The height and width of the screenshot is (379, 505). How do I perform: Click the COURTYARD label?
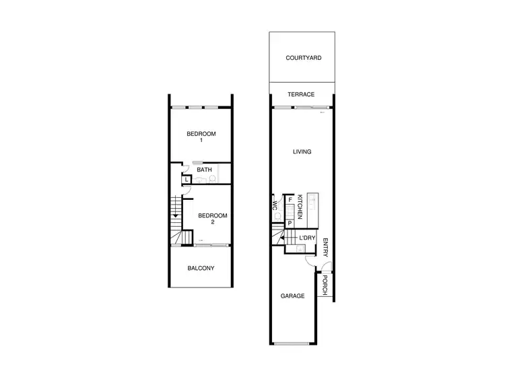303,58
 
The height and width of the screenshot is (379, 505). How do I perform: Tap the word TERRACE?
301,95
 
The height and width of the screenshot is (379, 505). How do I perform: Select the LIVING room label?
302,152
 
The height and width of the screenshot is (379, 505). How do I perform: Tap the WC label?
275,205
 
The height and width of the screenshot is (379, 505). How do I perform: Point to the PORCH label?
325,285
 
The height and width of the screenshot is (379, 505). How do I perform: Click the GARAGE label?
292,296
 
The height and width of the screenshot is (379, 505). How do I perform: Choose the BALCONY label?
201,268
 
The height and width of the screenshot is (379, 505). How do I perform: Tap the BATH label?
205,170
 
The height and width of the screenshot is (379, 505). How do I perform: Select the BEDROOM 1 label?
201,137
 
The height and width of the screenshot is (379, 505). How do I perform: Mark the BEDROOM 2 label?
211,219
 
